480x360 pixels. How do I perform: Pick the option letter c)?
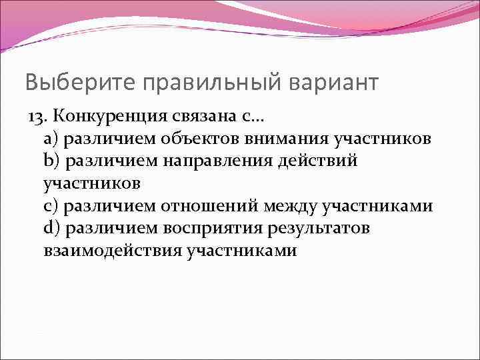coord(51,207)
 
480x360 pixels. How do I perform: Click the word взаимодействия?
coord(113,251)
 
